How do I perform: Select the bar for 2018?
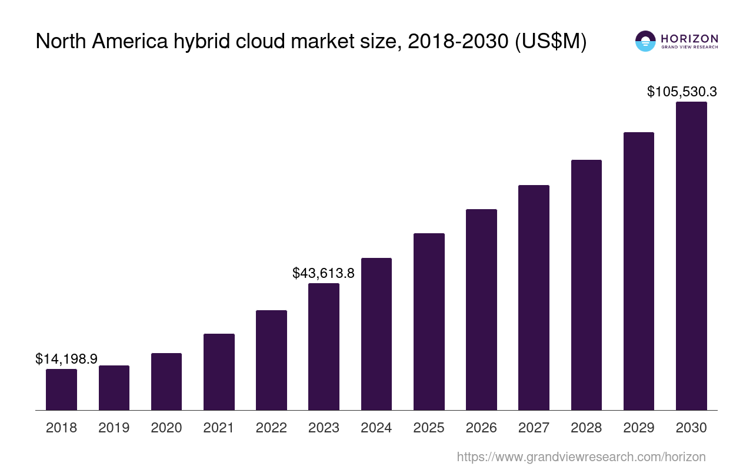[61, 390]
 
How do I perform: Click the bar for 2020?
[166, 381]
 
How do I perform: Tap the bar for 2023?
[324, 347]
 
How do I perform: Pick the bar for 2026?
[481, 310]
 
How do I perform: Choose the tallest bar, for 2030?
[691, 256]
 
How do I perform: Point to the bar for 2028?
[587, 285]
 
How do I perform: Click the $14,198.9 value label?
[66, 359]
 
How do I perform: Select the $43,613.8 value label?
[324, 273]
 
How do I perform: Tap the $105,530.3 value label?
[682, 92]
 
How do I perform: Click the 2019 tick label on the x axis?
[114, 428]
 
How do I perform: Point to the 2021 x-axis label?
[219, 428]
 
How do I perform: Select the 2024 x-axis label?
[376, 428]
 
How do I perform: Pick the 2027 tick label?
[534, 428]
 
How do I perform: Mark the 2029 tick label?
[639, 428]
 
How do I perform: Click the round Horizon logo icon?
[645, 41]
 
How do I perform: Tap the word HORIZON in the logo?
[689, 39]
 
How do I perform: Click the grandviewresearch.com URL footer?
[581, 456]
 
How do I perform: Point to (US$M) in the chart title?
[551, 42]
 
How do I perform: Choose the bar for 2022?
[271, 360]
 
